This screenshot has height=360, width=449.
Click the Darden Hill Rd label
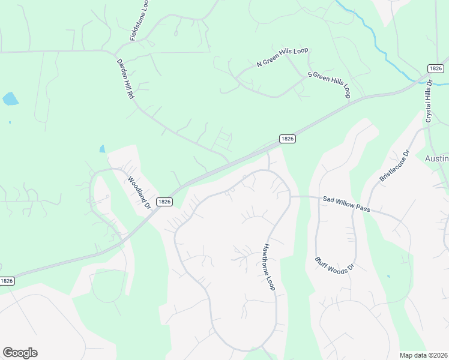(125, 79)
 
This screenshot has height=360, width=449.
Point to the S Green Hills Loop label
(329, 85)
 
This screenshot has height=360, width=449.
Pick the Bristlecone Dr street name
(394, 166)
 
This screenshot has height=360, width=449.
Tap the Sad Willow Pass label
(346, 204)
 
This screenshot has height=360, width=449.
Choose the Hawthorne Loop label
(268, 267)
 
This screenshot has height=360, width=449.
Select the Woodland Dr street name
(139, 192)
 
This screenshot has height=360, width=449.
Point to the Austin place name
(436, 158)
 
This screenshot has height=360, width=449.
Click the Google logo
(20, 353)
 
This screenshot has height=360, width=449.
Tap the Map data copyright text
(423, 355)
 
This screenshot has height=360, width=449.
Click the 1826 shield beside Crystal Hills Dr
(436, 69)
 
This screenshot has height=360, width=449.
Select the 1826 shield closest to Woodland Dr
(164, 202)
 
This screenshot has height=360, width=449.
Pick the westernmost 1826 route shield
(7, 281)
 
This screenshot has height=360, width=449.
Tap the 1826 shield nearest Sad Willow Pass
(288, 139)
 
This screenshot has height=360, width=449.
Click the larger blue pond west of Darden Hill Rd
(10, 99)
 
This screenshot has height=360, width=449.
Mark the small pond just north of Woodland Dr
(102, 149)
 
